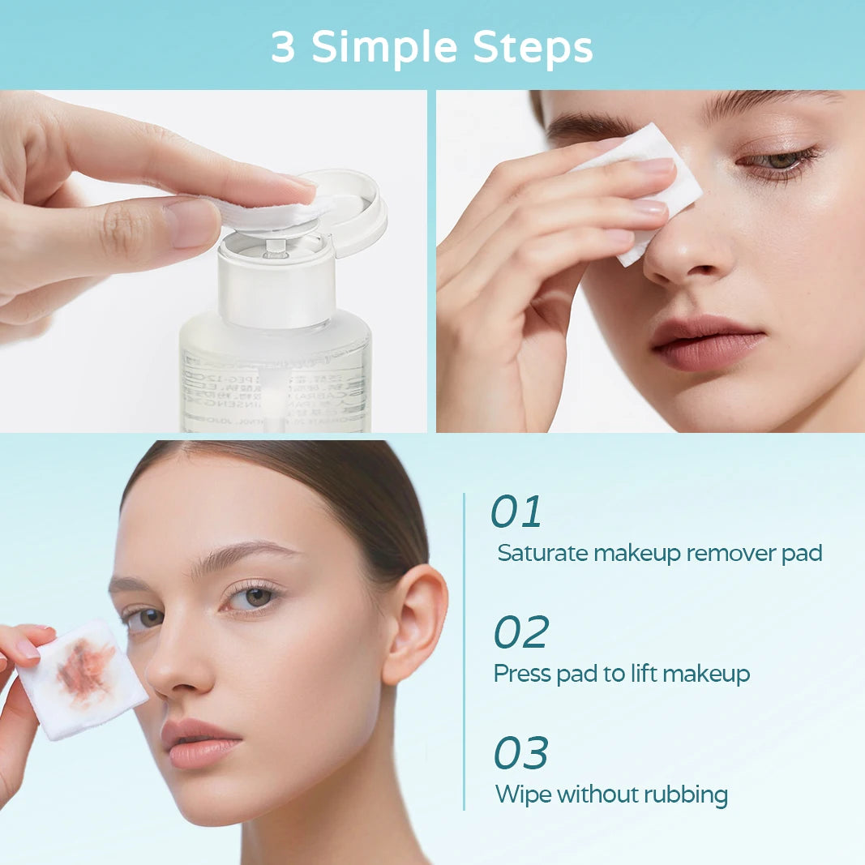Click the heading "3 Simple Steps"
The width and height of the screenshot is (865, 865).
click(x=431, y=48)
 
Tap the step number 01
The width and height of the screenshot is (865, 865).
click(x=516, y=512)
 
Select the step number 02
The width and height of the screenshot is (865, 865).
click(x=521, y=633)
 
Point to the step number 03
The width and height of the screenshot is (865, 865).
click(x=520, y=753)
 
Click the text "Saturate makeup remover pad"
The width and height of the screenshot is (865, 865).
click(x=659, y=554)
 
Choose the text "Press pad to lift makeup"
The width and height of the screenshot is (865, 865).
click(x=622, y=674)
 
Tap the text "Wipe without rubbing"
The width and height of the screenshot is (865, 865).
click(x=611, y=794)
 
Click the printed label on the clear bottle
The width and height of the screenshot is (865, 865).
click(x=276, y=389)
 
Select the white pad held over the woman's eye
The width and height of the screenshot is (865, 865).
click(x=649, y=186)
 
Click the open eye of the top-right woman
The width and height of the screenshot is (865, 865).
click(x=777, y=161)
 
